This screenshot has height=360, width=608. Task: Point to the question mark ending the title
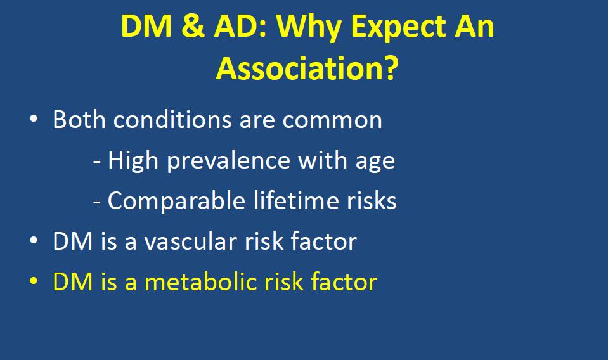(x=388, y=68)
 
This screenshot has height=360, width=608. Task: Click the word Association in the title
(x=297, y=68)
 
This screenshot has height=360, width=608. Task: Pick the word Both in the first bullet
(x=79, y=119)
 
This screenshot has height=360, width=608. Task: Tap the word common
(x=332, y=121)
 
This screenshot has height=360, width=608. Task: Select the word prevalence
(x=229, y=161)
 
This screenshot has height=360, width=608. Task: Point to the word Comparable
(x=176, y=201)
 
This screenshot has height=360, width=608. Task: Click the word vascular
(x=190, y=241)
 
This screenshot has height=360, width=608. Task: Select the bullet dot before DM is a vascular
(x=34, y=240)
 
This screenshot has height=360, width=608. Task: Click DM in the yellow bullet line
(x=73, y=281)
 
